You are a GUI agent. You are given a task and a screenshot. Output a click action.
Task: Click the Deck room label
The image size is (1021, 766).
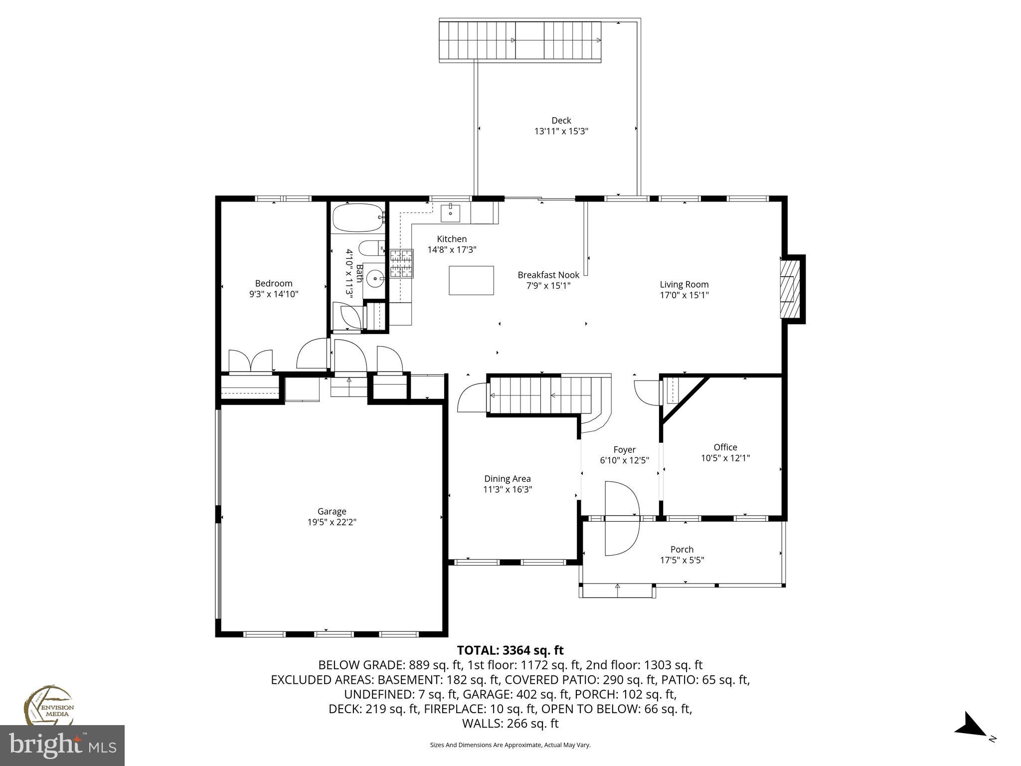click(561, 120)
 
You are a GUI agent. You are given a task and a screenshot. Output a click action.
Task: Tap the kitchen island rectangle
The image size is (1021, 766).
click(471, 280)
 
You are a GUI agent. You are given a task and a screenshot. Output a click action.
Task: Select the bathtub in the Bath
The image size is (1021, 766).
click(357, 218)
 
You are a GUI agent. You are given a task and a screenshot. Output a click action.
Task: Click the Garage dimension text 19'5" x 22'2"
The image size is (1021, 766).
click(332, 522)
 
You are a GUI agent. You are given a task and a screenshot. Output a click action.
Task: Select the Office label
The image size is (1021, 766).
click(725, 447)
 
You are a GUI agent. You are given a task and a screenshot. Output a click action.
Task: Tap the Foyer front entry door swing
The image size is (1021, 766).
click(621, 518)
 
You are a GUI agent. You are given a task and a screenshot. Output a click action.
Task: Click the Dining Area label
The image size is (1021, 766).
click(507, 479)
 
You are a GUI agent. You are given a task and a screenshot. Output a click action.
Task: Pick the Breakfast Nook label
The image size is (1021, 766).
click(548, 275)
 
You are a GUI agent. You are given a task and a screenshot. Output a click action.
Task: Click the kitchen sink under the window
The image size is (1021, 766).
click(451, 212)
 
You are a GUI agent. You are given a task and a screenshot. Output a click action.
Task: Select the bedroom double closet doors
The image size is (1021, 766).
click(250, 361)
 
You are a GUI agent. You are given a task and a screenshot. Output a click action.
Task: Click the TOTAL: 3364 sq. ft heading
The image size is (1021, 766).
click(510, 650)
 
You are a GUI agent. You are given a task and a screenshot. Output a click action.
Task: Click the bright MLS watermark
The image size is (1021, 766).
click(62, 745)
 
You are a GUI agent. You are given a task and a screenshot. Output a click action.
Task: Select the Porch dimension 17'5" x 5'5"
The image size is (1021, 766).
click(681, 560)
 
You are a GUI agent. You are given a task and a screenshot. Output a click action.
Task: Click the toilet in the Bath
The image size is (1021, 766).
click(371, 248)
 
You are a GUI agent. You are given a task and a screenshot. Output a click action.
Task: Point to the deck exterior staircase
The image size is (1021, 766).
click(520, 41)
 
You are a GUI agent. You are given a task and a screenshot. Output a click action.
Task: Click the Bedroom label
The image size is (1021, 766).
click(274, 283)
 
